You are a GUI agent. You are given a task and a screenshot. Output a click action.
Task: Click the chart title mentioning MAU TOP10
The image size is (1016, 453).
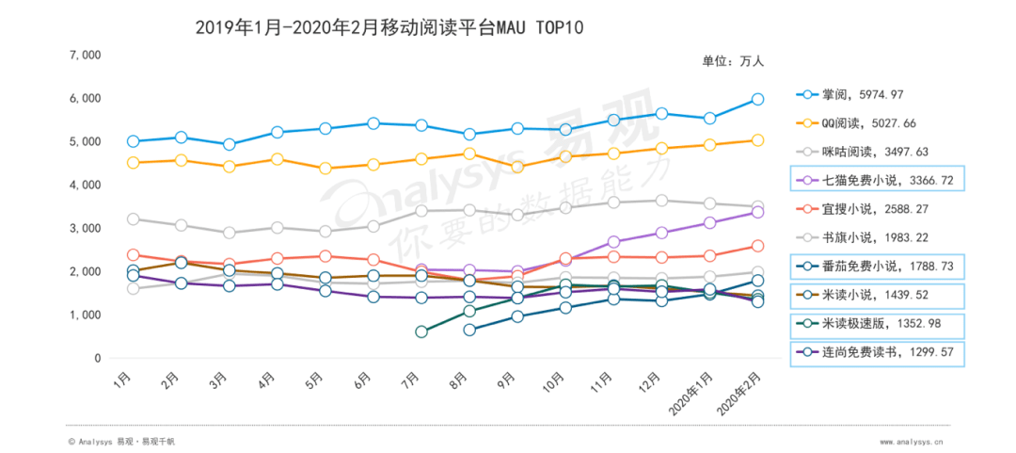[x=389, y=27]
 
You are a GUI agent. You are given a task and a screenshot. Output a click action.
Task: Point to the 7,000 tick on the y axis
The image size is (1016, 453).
[x=86, y=55]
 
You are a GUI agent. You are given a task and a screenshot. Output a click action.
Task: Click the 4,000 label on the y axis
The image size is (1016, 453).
[x=86, y=185]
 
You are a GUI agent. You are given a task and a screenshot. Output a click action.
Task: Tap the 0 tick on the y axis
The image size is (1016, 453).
[x=97, y=359]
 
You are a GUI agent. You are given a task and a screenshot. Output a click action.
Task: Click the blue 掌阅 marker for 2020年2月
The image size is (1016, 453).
[x=757, y=99]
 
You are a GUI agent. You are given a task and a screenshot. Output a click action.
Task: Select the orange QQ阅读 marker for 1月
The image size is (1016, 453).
[x=134, y=163]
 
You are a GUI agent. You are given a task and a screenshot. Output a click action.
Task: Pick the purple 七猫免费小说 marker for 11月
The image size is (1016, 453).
[x=613, y=243]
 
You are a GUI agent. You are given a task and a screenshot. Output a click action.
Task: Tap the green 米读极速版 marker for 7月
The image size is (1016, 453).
[x=421, y=332]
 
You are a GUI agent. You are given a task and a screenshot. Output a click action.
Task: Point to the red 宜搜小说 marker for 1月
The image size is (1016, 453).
[x=134, y=255]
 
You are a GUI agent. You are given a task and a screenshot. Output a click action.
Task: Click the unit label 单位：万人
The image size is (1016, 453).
[x=733, y=61]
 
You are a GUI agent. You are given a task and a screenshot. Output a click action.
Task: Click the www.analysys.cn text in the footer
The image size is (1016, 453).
[x=913, y=441]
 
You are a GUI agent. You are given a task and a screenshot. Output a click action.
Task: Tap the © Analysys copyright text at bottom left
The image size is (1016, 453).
[x=122, y=441]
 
